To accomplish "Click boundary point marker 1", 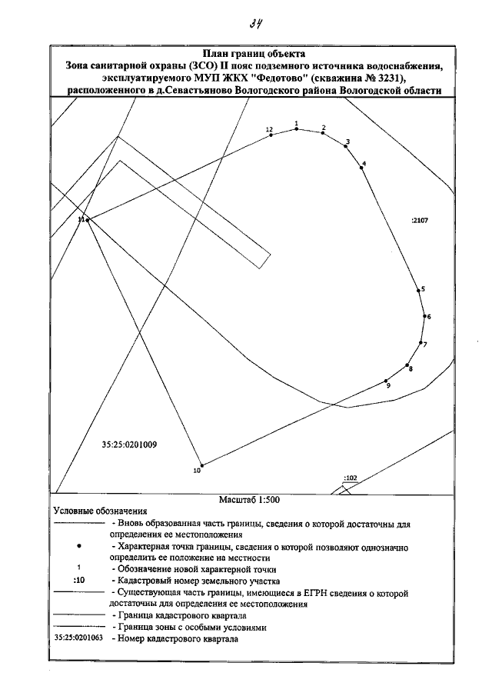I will (297, 129).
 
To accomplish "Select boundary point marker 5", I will (418, 291).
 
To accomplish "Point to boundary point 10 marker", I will (201, 465).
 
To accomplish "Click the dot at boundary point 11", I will (88, 220).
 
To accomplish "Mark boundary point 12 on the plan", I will (271, 135).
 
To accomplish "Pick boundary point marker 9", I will (386, 381).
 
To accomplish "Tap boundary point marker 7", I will (421, 342).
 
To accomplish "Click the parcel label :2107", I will (419, 221).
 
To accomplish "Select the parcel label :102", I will (351, 478).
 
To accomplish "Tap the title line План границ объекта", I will (254, 55).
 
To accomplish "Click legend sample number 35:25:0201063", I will (79, 638).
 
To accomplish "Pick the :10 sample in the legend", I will (78, 581).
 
